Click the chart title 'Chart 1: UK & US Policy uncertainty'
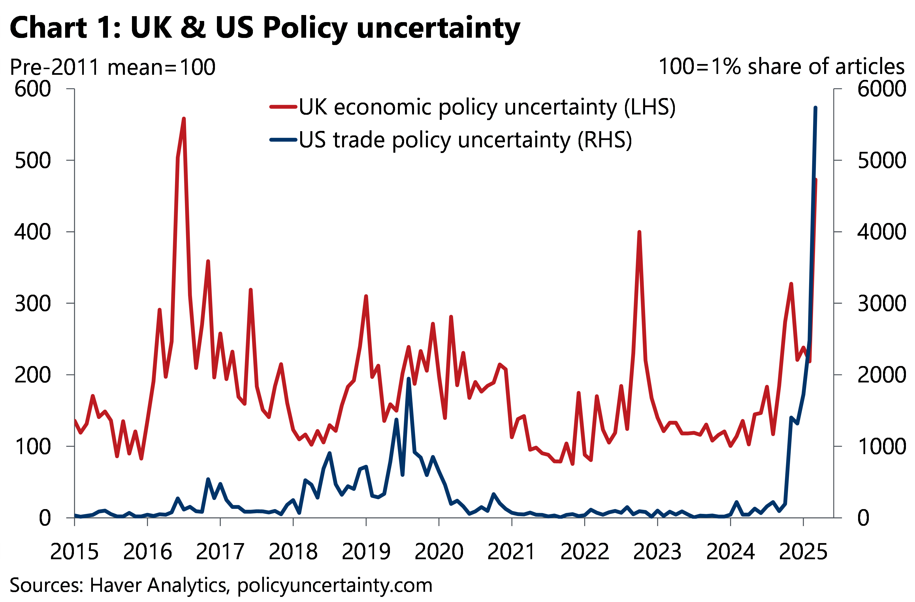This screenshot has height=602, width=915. click(x=265, y=28)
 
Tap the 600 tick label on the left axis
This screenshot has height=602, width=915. click(x=33, y=89)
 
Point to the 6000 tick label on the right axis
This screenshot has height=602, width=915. click(x=882, y=89)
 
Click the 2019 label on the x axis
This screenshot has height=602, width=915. click(x=366, y=552)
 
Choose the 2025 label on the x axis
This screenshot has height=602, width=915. click(x=803, y=552)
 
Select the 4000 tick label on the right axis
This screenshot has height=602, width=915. click(x=882, y=232)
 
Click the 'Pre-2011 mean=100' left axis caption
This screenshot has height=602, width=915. click(x=112, y=67)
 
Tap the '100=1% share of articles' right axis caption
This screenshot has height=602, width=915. click(x=781, y=67)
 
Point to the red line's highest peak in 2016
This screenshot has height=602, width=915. click(x=184, y=119)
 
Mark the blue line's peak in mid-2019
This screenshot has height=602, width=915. click(x=409, y=379)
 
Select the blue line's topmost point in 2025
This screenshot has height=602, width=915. click(x=815, y=108)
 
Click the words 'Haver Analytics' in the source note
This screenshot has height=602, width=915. click(x=158, y=585)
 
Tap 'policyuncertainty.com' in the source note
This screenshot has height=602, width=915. click(x=334, y=585)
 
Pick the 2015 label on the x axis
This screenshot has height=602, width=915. click(x=74, y=552)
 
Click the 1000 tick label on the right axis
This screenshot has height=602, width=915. click(x=882, y=446)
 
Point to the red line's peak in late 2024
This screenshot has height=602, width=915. click(x=791, y=284)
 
